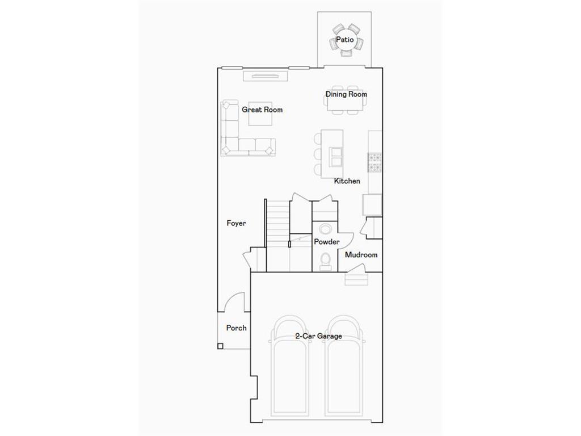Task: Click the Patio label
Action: [344, 40]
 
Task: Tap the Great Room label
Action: [262, 110]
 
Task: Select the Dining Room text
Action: [346, 94]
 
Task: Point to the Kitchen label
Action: [347, 181]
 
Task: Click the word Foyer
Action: [236, 224]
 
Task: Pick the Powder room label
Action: [327, 242]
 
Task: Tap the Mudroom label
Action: [361, 255]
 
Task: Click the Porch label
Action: [236, 328]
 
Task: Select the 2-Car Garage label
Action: [318, 336]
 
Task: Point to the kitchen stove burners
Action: [374, 162]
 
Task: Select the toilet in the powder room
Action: [326, 261]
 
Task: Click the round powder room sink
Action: [326, 229]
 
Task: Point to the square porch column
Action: [220, 346]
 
